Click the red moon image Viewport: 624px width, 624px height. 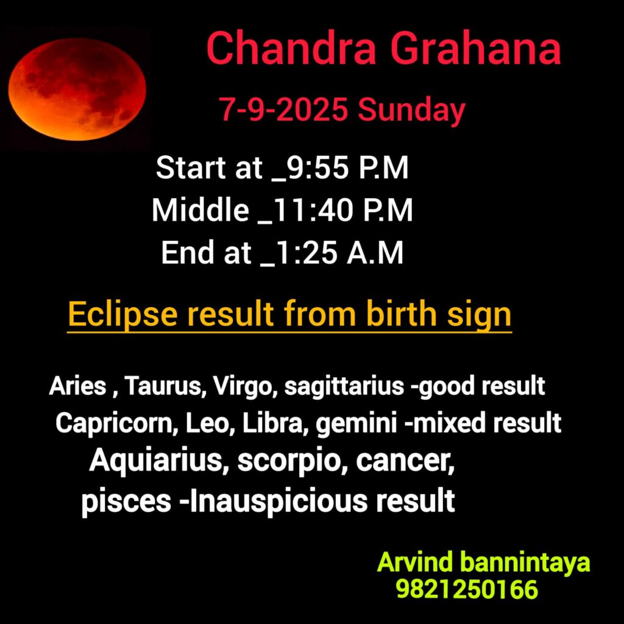pyautogui.click(x=77, y=89)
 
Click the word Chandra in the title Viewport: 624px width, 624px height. pyautogui.click(x=291, y=49)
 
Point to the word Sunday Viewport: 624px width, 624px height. pyautogui.click(x=411, y=112)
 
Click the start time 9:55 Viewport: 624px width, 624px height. pyautogui.click(x=317, y=168)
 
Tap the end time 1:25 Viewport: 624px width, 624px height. pyautogui.click(x=305, y=253)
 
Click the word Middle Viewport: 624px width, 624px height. pyautogui.click(x=200, y=210)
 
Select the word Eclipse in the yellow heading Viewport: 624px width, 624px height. pyautogui.click(x=122, y=315)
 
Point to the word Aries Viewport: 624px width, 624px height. pyautogui.click(x=77, y=386)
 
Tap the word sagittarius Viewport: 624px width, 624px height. pyautogui.click(x=344, y=386)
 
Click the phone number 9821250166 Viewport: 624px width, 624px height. pyautogui.click(x=467, y=589)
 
